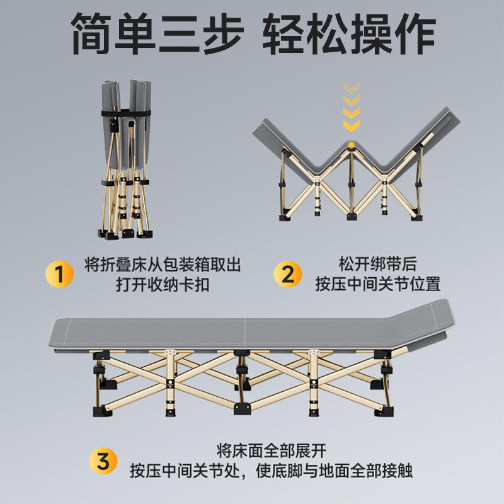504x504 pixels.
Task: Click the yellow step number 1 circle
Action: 59,274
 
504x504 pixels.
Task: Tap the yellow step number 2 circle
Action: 288,274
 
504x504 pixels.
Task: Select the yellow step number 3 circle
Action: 103,461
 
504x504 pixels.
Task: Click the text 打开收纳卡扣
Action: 163,285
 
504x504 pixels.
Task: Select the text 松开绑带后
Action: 377,264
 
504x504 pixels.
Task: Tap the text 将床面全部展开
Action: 272,450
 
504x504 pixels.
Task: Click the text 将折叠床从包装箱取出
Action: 163,265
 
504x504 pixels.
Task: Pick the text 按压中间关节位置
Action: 377,284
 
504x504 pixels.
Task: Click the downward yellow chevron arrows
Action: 352,106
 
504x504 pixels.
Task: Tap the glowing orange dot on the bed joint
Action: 352,144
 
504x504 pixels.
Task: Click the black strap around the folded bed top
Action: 126,113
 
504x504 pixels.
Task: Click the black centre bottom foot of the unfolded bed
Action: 242,408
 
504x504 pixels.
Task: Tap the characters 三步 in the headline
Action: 201,33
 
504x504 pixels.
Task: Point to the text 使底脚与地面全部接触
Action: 335,471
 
